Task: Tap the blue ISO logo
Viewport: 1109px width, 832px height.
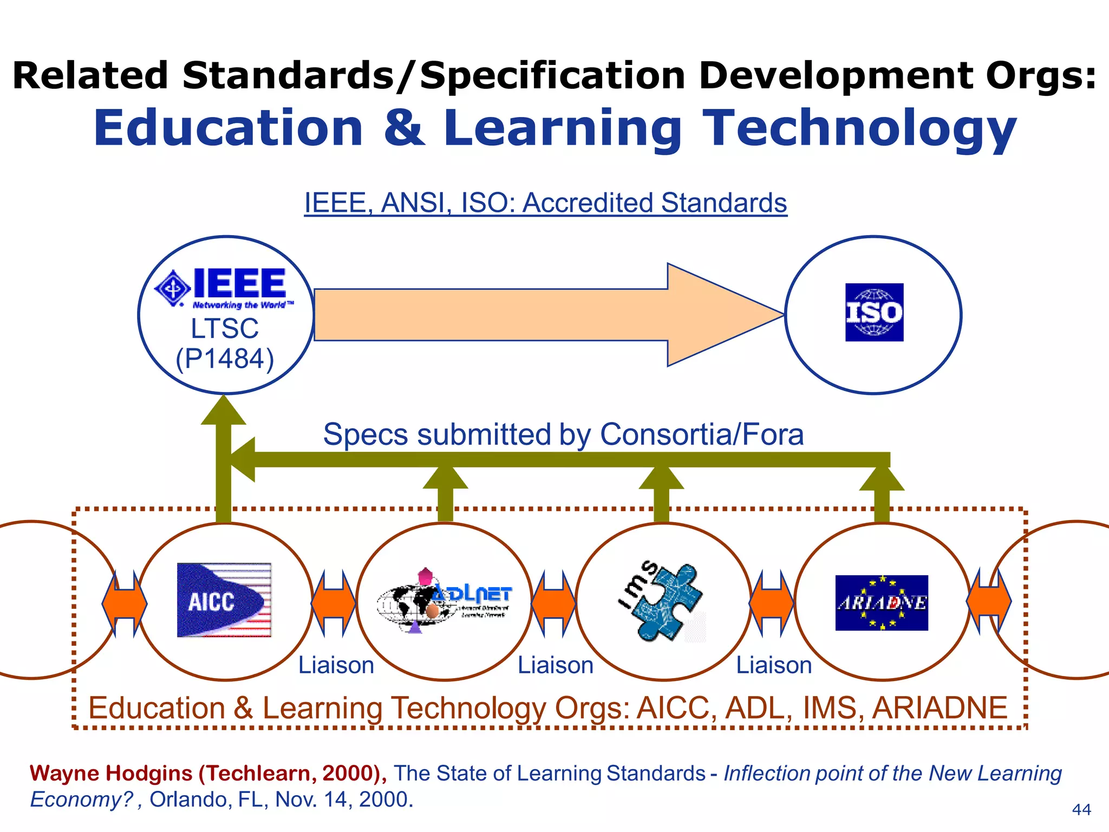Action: [874, 313]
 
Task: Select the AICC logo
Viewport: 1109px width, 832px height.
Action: [224, 600]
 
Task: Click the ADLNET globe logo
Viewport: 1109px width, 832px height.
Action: [444, 601]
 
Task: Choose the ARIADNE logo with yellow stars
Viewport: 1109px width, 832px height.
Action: [882, 602]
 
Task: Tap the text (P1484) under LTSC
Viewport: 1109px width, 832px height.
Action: [225, 359]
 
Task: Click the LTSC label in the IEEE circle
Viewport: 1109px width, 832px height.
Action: [225, 328]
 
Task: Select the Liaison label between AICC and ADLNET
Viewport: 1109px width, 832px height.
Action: [336, 665]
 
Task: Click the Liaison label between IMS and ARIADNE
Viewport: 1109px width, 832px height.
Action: [774, 665]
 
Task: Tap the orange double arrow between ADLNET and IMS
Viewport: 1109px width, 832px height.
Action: [553, 602]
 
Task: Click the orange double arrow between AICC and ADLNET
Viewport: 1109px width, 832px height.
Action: [334, 602]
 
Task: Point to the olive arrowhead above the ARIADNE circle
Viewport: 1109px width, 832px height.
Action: [882, 478]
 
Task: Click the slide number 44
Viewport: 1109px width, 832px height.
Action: [1081, 809]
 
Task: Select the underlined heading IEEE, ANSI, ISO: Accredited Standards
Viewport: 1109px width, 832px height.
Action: [545, 203]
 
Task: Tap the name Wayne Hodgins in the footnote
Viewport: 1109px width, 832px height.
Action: [111, 773]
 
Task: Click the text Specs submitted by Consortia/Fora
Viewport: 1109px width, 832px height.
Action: [563, 434]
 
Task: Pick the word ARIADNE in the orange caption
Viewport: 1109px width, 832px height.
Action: [940, 708]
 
